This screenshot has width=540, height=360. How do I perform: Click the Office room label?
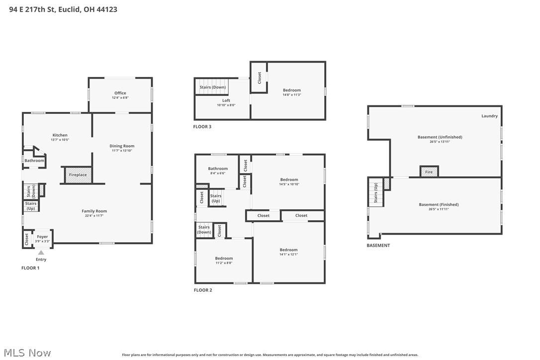(x=120, y=93)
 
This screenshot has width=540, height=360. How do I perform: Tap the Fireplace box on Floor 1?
(x=78, y=175)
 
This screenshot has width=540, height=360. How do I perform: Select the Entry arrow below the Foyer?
(x=41, y=253)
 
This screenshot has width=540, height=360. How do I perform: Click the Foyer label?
(x=42, y=237)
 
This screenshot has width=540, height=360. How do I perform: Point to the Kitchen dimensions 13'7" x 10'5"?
(x=60, y=140)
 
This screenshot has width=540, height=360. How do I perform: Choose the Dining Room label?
(x=122, y=146)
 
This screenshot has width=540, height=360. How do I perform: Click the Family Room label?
(x=94, y=211)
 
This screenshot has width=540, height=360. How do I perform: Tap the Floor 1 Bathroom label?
(x=34, y=161)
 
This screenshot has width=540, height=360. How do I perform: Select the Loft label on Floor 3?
(x=226, y=100)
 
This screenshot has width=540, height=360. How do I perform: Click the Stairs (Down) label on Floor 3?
(x=212, y=87)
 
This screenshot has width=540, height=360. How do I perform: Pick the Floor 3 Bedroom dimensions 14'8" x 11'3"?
(x=291, y=95)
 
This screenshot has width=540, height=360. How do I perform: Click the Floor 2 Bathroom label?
(x=218, y=169)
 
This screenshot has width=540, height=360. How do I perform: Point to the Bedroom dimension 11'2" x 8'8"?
(x=224, y=263)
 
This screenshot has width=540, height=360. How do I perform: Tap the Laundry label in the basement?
(x=489, y=116)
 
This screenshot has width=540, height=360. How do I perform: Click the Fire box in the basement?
(x=429, y=172)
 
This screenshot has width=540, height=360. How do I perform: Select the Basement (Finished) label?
(x=439, y=204)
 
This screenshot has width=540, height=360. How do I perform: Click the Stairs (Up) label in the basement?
(x=375, y=192)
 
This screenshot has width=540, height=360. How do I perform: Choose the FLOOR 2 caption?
(x=203, y=290)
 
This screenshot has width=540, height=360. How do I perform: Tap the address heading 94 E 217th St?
(x=63, y=9)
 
